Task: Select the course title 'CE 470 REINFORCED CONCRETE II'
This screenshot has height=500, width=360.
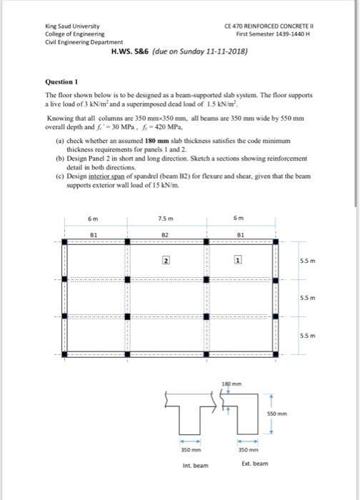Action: pyautogui.click(x=264, y=25)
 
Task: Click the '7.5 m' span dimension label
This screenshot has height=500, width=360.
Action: pyautogui.click(x=166, y=219)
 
